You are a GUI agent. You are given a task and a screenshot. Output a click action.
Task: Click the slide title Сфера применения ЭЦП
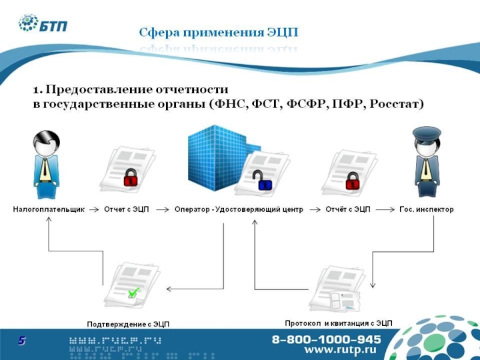218,31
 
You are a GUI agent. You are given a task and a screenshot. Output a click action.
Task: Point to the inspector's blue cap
427,133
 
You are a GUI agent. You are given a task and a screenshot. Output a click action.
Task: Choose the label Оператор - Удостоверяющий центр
239,210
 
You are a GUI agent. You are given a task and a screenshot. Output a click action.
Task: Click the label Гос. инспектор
427,210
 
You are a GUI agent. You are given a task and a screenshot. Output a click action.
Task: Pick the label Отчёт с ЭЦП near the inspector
348,210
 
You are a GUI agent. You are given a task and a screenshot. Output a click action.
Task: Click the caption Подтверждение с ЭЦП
128,324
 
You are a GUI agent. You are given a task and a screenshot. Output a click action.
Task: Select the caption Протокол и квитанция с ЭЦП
338,323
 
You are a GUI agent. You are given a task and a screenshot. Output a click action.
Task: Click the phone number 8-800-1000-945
326,338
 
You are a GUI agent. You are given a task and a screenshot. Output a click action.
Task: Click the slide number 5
22,341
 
